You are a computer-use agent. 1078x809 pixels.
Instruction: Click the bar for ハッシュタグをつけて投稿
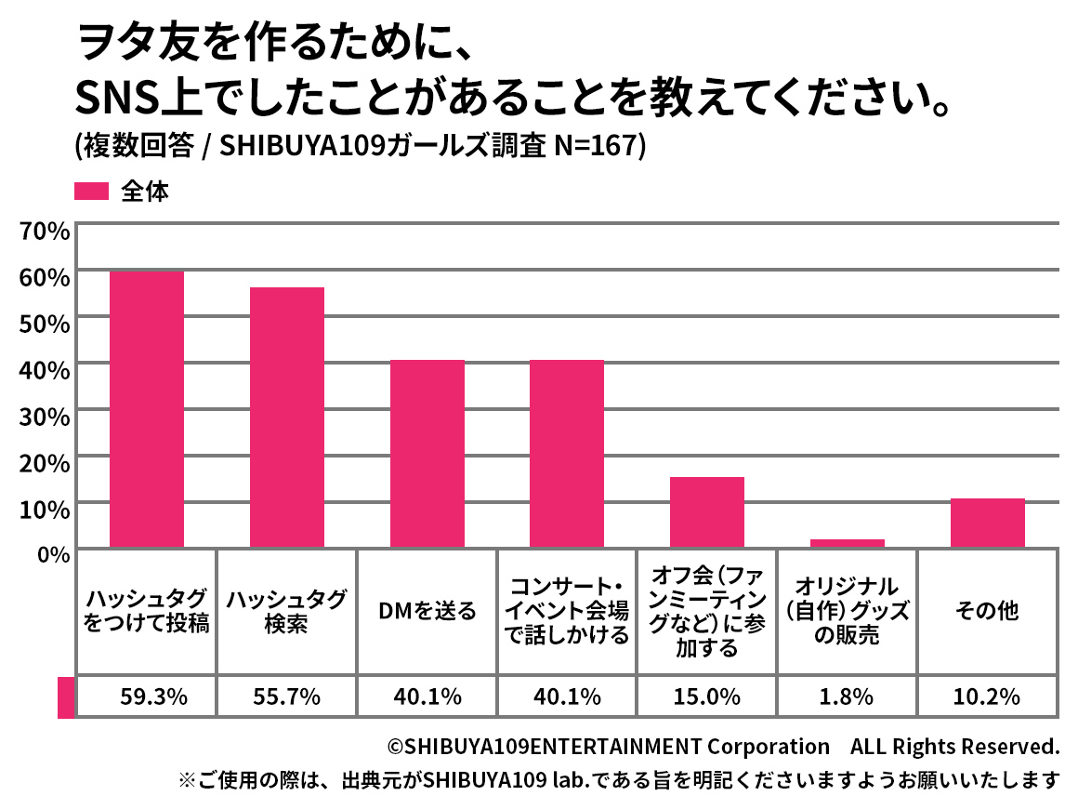pos(147,409)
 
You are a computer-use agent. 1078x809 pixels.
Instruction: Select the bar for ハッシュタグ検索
pos(287,418)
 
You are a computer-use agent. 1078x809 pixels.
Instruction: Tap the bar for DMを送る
pos(427,454)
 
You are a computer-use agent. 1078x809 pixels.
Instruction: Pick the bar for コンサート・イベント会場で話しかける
pos(567,454)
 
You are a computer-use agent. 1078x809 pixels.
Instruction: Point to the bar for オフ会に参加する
pos(707,512)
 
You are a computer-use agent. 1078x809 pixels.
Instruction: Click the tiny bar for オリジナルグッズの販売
pos(848,543)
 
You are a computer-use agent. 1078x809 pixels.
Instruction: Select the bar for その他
pos(988,524)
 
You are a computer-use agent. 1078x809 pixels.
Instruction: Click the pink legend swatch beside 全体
pos(91,192)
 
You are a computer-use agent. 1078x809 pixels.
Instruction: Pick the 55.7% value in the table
pos(287,696)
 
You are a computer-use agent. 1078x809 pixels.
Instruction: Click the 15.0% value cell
pos(707,696)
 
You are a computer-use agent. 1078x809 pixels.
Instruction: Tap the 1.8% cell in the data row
pos(848,696)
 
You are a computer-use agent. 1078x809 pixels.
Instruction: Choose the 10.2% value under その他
pos(988,696)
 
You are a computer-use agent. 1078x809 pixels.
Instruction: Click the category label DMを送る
pos(427,611)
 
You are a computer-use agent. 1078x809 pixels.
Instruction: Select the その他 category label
pos(988,611)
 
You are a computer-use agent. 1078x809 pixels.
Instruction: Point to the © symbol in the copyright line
pos(396,747)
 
